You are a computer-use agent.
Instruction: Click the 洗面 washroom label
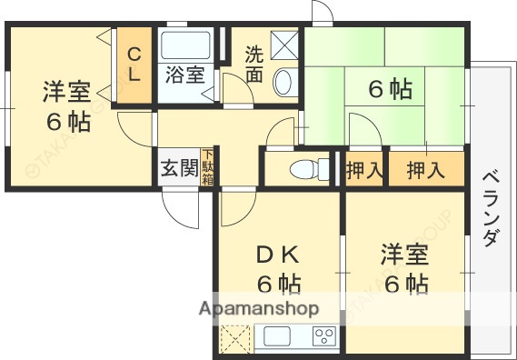click(x=255, y=65)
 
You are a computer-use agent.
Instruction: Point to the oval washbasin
click(x=283, y=81)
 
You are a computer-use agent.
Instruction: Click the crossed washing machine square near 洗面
click(x=284, y=44)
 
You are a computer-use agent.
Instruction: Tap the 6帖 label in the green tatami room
click(x=390, y=89)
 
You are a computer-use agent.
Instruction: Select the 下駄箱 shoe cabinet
click(x=209, y=166)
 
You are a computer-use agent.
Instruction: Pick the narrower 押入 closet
click(x=364, y=168)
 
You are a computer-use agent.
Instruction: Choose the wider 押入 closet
click(x=425, y=168)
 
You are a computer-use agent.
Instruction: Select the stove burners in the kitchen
click(x=323, y=336)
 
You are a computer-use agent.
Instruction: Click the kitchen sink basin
click(x=276, y=337)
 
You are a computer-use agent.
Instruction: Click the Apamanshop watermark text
click(x=260, y=309)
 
